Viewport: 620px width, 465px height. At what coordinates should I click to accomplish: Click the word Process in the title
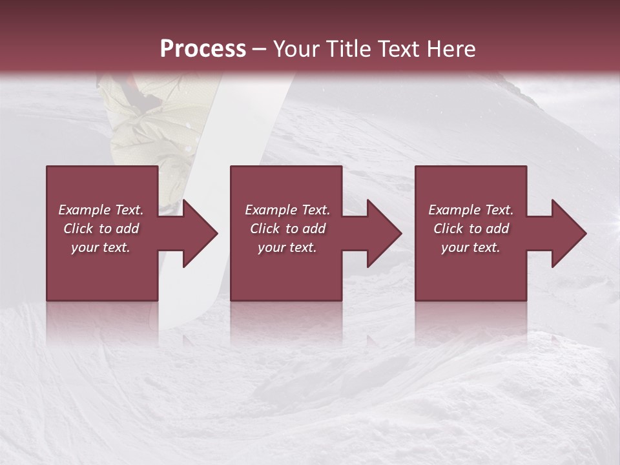tap(203, 49)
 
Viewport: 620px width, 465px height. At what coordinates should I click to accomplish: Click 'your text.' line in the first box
tap(101, 247)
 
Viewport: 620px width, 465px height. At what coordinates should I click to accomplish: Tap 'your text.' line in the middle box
tap(287, 247)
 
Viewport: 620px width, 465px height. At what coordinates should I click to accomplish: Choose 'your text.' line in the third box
tap(471, 247)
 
